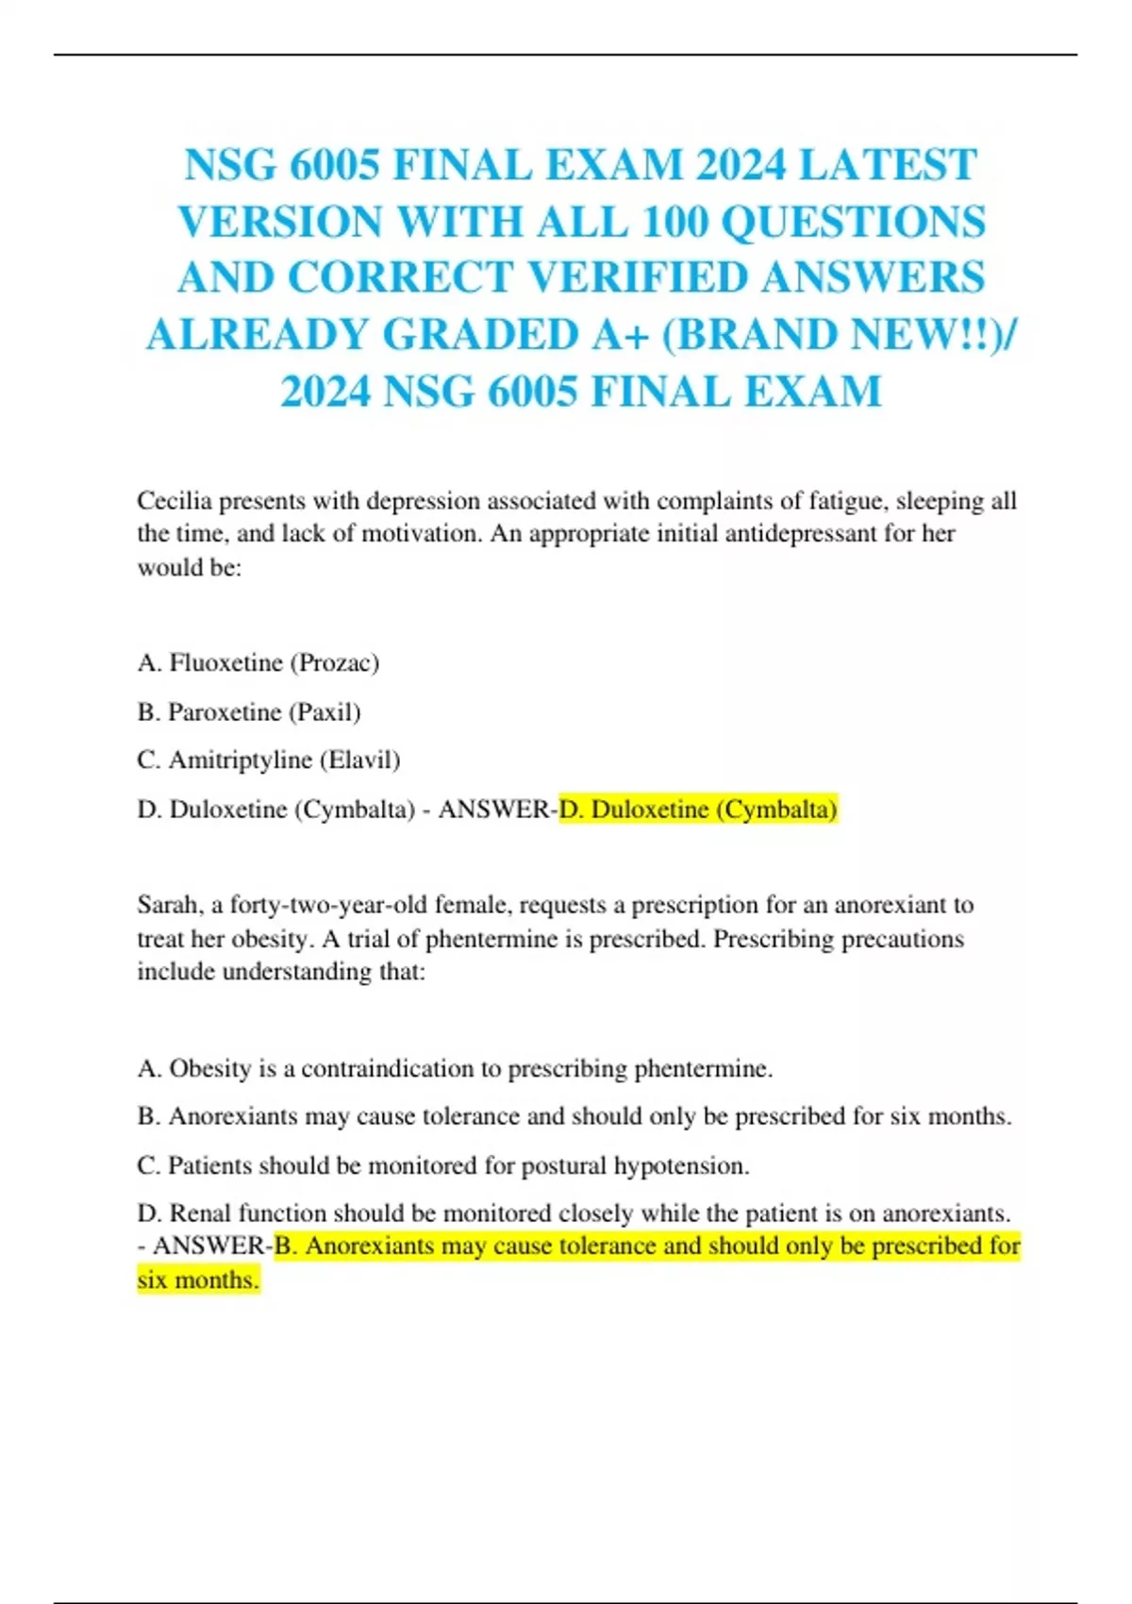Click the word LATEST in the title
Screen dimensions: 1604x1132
pyautogui.click(x=887, y=165)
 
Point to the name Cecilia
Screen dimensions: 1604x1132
pyautogui.click(x=175, y=500)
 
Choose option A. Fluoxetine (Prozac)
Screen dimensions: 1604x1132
pyautogui.click(x=258, y=662)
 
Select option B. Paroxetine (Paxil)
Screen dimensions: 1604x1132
pyautogui.click(x=249, y=711)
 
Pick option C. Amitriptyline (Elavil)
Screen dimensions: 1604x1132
pyautogui.click(x=269, y=760)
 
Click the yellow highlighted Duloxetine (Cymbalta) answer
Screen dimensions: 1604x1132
pyautogui.click(x=698, y=810)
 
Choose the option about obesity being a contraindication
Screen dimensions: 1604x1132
pyautogui.click(x=455, y=1068)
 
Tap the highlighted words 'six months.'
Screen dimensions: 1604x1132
pyautogui.click(x=197, y=1280)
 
